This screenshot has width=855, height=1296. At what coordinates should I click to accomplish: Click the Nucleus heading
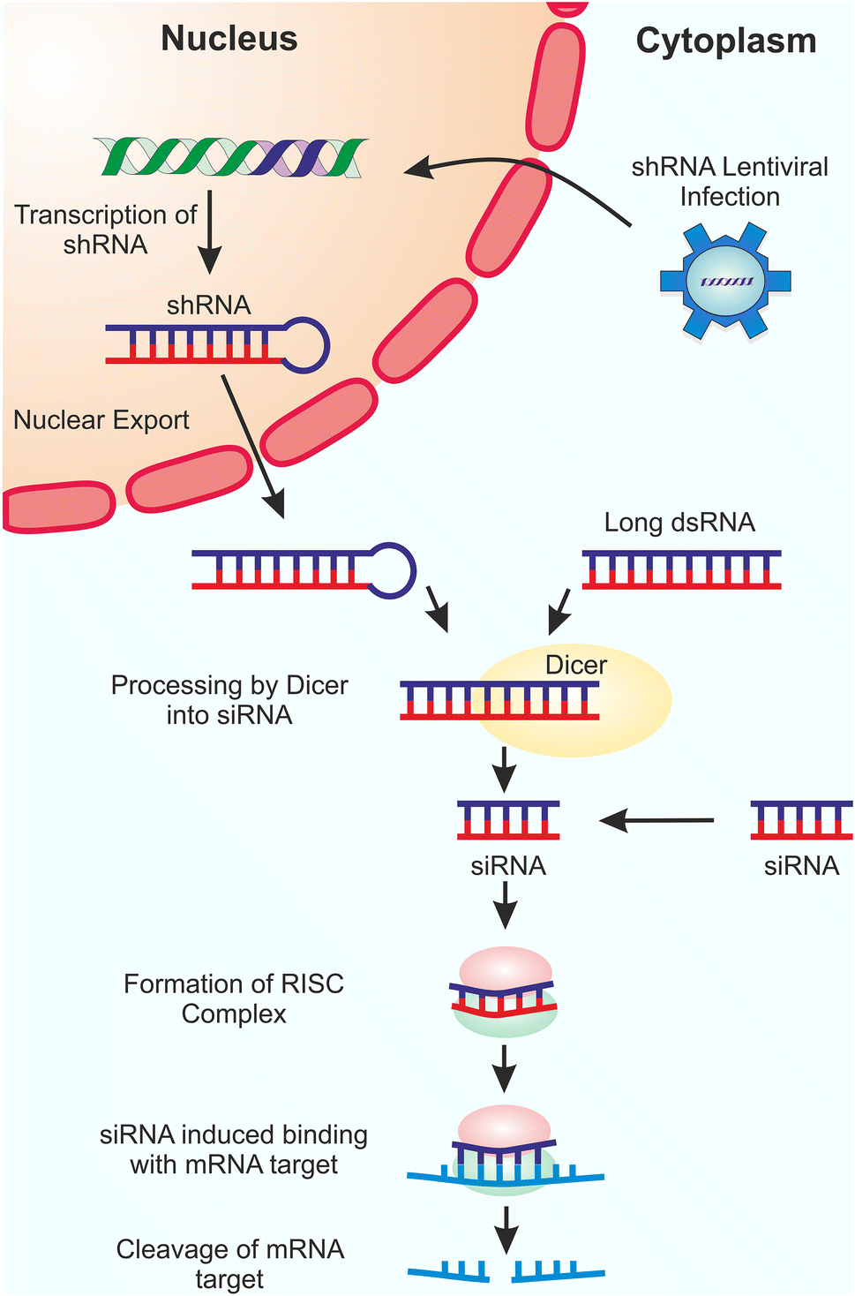229,39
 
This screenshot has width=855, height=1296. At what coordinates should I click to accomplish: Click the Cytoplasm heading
725,41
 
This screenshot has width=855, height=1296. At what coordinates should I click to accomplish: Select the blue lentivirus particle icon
725,281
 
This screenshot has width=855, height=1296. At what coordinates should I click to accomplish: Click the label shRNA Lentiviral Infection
730,182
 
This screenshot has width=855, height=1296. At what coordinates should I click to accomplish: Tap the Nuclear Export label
101,420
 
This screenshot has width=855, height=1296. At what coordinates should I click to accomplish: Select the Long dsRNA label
679,523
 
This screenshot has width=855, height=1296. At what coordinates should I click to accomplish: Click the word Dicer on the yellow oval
576,665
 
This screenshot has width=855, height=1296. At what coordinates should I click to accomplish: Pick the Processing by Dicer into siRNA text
229,700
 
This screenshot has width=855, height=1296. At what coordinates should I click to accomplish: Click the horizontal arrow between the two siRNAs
656,820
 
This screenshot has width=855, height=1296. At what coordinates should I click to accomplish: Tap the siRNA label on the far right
801,866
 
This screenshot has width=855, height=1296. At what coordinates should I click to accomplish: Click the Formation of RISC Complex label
234,998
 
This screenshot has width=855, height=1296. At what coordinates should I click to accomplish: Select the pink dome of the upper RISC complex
505,965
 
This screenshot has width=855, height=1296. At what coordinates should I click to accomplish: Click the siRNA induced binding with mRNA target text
234,1149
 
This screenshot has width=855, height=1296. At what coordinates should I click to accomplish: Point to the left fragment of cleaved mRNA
448,1271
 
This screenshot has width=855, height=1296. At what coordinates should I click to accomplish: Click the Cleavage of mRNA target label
230,1264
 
